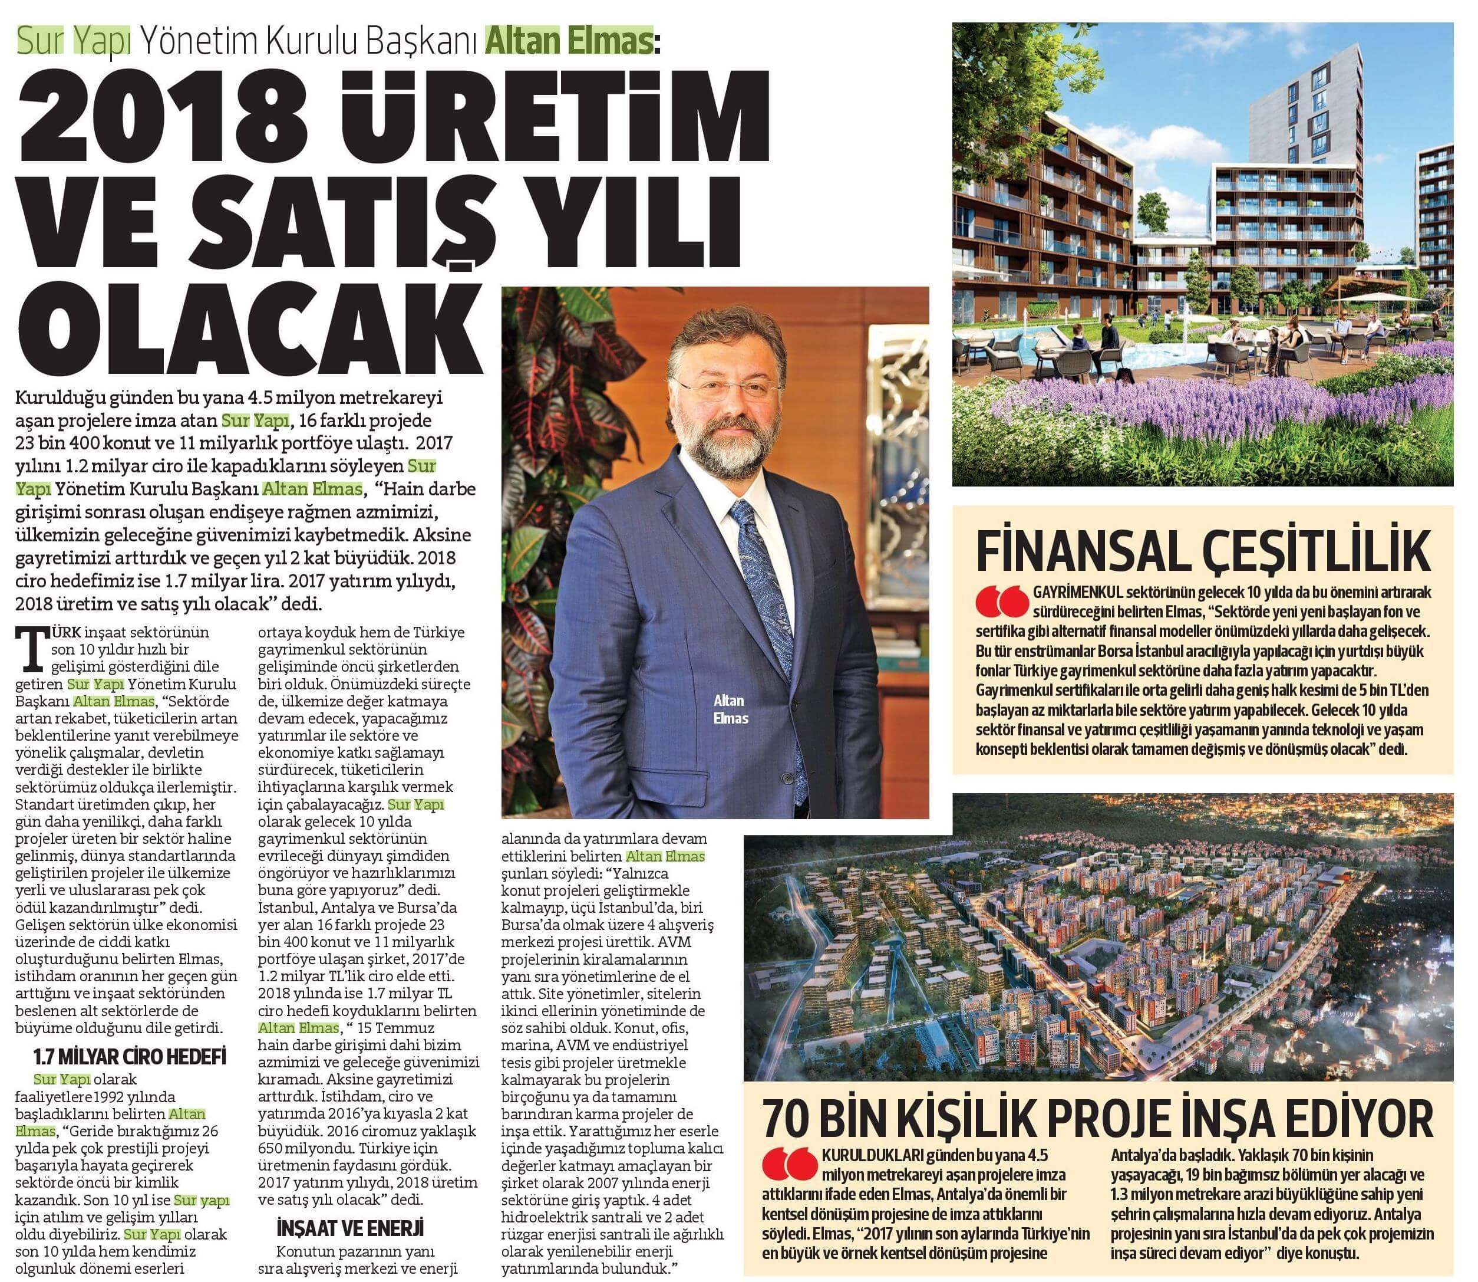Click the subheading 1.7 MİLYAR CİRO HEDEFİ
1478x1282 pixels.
[x=130, y=1057]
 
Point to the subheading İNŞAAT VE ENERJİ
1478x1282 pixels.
[x=351, y=1228]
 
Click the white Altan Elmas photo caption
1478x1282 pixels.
[x=730, y=709]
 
